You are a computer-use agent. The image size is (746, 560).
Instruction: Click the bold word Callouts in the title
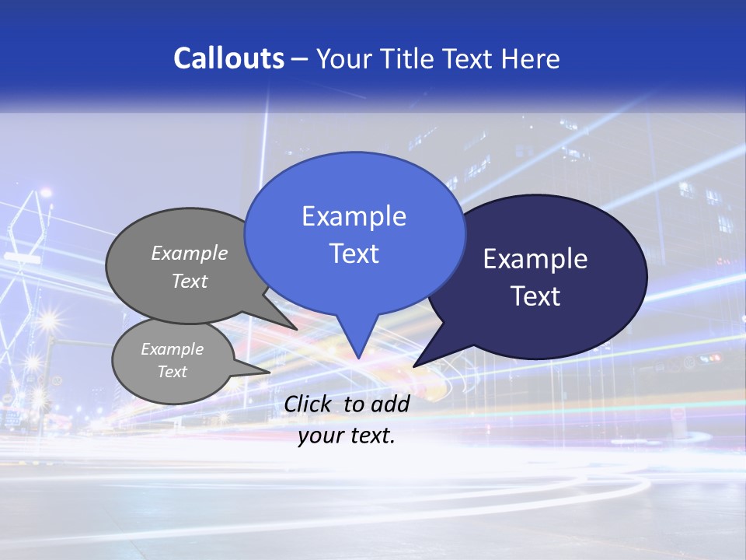tap(228, 58)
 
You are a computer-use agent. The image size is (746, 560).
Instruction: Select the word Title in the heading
tap(410, 58)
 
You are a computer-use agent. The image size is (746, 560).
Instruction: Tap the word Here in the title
tap(532, 58)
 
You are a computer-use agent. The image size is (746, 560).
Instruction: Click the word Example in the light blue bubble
tap(354, 216)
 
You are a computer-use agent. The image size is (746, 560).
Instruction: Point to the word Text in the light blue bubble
tap(354, 254)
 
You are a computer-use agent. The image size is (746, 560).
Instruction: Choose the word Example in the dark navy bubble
tap(535, 259)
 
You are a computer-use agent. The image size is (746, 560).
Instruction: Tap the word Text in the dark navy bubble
tap(535, 296)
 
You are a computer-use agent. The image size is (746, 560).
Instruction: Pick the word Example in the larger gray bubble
tap(190, 254)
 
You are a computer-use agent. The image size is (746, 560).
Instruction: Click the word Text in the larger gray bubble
tap(190, 282)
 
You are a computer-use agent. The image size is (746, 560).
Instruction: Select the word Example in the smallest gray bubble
tap(173, 349)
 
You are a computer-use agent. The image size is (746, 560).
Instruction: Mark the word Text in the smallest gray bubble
tap(173, 372)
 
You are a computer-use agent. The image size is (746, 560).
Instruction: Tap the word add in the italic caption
tap(389, 404)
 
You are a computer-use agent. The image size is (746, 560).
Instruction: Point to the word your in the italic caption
tap(319, 436)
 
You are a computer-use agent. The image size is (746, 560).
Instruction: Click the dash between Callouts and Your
tap(300, 59)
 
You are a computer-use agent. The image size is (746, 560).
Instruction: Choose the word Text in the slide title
tap(469, 58)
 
